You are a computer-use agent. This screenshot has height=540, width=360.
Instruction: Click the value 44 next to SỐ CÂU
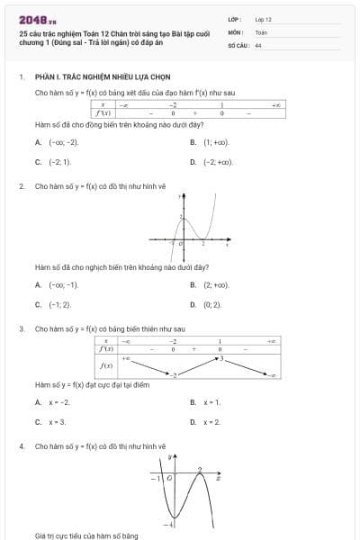[x=258, y=44]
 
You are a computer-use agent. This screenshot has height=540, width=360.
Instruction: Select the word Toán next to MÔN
[x=261, y=31]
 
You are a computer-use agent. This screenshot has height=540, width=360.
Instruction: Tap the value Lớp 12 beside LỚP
[x=263, y=19]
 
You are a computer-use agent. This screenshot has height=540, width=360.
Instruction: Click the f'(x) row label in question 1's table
[x=105, y=113]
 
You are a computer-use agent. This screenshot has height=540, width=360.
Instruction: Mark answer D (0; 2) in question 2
[x=211, y=304]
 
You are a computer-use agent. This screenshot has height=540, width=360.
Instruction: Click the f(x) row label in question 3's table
[x=105, y=365]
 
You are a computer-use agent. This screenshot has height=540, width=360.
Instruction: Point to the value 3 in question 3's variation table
[x=220, y=358]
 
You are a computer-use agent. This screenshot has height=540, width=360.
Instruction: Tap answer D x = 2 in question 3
[x=211, y=421]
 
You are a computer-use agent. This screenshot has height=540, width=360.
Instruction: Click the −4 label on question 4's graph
[x=167, y=523]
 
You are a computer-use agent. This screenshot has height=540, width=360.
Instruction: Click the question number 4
[x=21, y=445]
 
